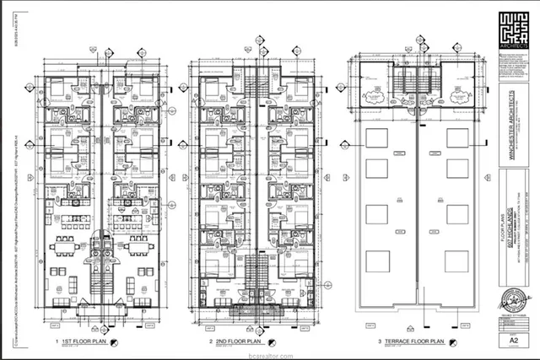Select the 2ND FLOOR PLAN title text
tap(239, 341)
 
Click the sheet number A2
tap(512, 340)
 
